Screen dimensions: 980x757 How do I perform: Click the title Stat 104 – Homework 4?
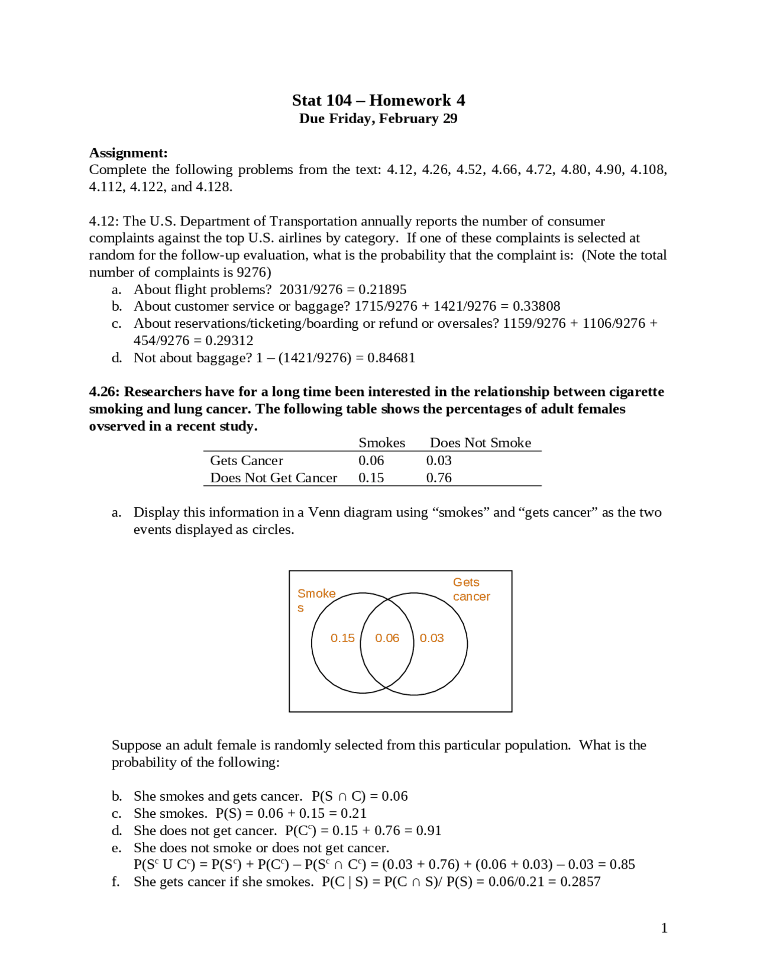[378, 100]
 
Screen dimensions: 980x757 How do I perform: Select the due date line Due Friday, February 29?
[378, 118]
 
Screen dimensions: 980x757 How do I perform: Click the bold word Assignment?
[128, 153]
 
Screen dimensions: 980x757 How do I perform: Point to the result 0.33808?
[536, 306]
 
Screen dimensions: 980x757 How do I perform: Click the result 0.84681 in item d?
[391, 357]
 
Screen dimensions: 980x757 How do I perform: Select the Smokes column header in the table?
[381, 443]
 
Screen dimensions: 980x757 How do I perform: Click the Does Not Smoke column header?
[480, 443]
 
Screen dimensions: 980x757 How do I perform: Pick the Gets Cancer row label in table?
[247, 460]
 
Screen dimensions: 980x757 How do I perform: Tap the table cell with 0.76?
[439, 478]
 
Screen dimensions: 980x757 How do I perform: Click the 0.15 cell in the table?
[371, 478]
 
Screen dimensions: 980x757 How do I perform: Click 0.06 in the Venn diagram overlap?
[387, 638]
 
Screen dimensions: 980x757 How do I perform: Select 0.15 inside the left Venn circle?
[342, 638]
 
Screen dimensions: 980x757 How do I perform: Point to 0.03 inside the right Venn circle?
[432, 638]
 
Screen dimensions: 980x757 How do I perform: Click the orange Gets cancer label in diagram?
[471, 589]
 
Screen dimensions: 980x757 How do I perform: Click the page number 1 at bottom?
[664, 928]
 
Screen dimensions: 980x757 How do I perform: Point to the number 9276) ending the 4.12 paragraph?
[254, 272]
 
